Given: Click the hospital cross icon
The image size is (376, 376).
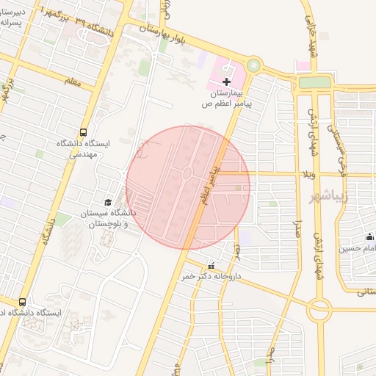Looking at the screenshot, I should [x=226, y=81].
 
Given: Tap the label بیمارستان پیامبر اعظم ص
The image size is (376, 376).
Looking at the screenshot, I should [x=227, y=99].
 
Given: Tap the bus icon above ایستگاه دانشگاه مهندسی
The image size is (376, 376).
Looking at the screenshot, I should [x=83, y=133].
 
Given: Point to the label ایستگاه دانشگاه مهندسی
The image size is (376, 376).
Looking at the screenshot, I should [x=83, y=149].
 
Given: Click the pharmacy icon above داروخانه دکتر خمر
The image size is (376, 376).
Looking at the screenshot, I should [x=211, y=266].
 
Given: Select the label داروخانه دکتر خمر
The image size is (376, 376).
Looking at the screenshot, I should [x=211, y=277].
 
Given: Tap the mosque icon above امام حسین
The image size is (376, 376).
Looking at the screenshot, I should [x=369, y=236].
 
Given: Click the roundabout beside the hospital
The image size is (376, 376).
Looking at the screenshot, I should [x=253, y=65].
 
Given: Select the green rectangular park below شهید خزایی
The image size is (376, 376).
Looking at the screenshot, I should [x=315, y=83].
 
